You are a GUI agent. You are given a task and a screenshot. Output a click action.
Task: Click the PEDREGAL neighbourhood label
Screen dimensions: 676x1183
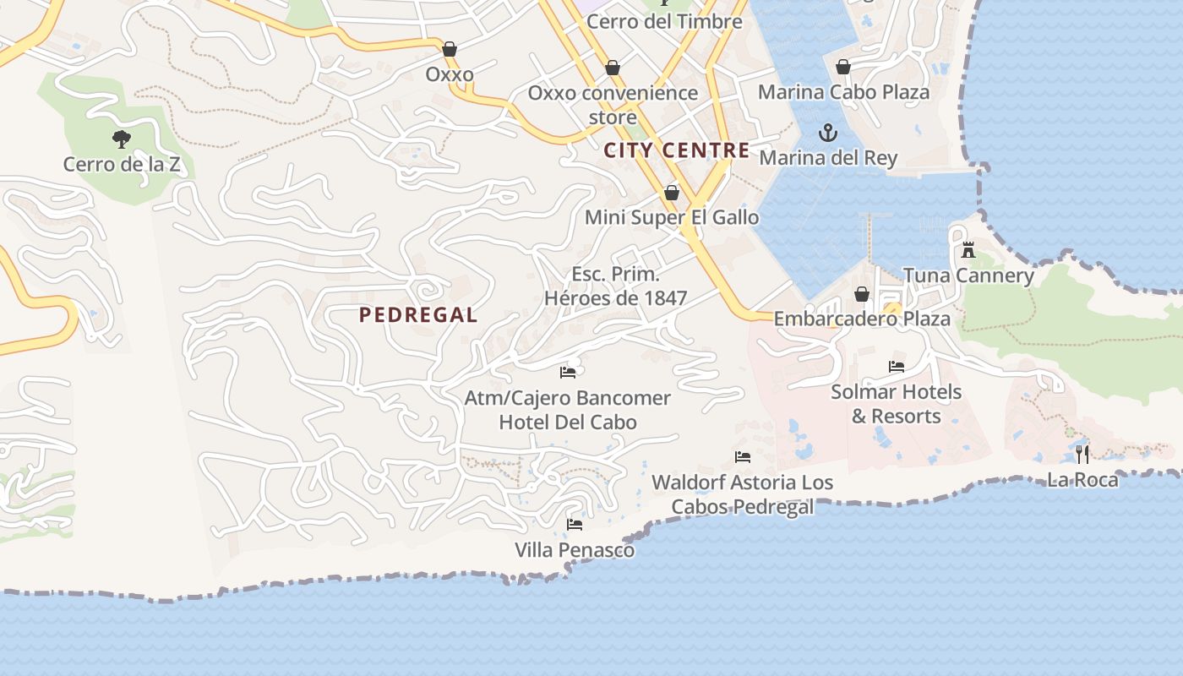tap(418, 315)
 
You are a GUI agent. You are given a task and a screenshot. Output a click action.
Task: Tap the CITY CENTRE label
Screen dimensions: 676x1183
tap(677, 150)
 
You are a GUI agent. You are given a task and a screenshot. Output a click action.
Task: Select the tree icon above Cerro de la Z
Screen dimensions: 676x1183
tap(122, 139)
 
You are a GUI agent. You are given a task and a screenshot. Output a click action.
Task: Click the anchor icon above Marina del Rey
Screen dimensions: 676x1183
tap(828, 133)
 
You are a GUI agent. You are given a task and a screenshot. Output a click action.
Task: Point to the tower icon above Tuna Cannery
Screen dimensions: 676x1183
tap(968, 250)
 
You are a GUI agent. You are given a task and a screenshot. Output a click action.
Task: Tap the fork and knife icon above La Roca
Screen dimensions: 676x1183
tap(1082, 455)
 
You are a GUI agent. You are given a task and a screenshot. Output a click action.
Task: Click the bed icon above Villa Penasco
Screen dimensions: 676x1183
tap(575, 525)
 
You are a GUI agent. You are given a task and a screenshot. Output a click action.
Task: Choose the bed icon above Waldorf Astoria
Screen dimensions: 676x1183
tap(743, 457)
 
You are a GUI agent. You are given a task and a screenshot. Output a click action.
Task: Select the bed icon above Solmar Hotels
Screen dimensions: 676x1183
tap(897, 367)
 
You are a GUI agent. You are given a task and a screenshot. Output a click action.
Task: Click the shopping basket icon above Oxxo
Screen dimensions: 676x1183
tap(450, 49)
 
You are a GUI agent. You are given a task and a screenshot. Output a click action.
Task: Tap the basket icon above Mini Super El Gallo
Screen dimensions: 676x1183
tap(672, 194)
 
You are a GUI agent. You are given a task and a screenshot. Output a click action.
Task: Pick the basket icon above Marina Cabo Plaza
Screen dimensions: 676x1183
tap(843, 67)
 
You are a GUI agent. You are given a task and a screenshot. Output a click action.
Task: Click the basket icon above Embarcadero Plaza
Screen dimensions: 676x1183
tap(862, 294)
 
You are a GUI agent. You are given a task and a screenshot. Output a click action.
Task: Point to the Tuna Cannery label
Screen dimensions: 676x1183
tap(968, 275)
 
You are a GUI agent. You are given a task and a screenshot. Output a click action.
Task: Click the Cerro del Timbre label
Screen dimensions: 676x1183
tap(664, 21)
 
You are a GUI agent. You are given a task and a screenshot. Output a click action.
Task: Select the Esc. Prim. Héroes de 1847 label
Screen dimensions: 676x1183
tap(615, 286)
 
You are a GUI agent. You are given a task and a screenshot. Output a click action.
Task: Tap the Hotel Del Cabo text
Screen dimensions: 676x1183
tap(568, 422)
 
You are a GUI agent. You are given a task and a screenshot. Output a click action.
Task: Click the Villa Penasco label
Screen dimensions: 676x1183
tap(575, 550)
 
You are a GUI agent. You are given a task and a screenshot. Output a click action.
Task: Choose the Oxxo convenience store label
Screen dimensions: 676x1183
tap(613, 104)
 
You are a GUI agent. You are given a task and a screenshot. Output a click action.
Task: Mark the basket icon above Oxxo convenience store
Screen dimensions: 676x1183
tap(613, 68)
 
